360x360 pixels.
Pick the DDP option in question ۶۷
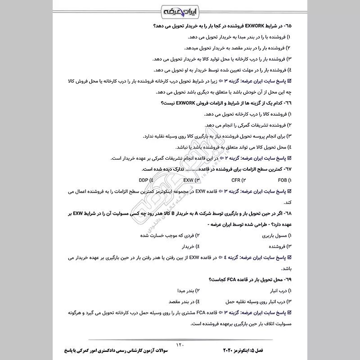tap(145, 180)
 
